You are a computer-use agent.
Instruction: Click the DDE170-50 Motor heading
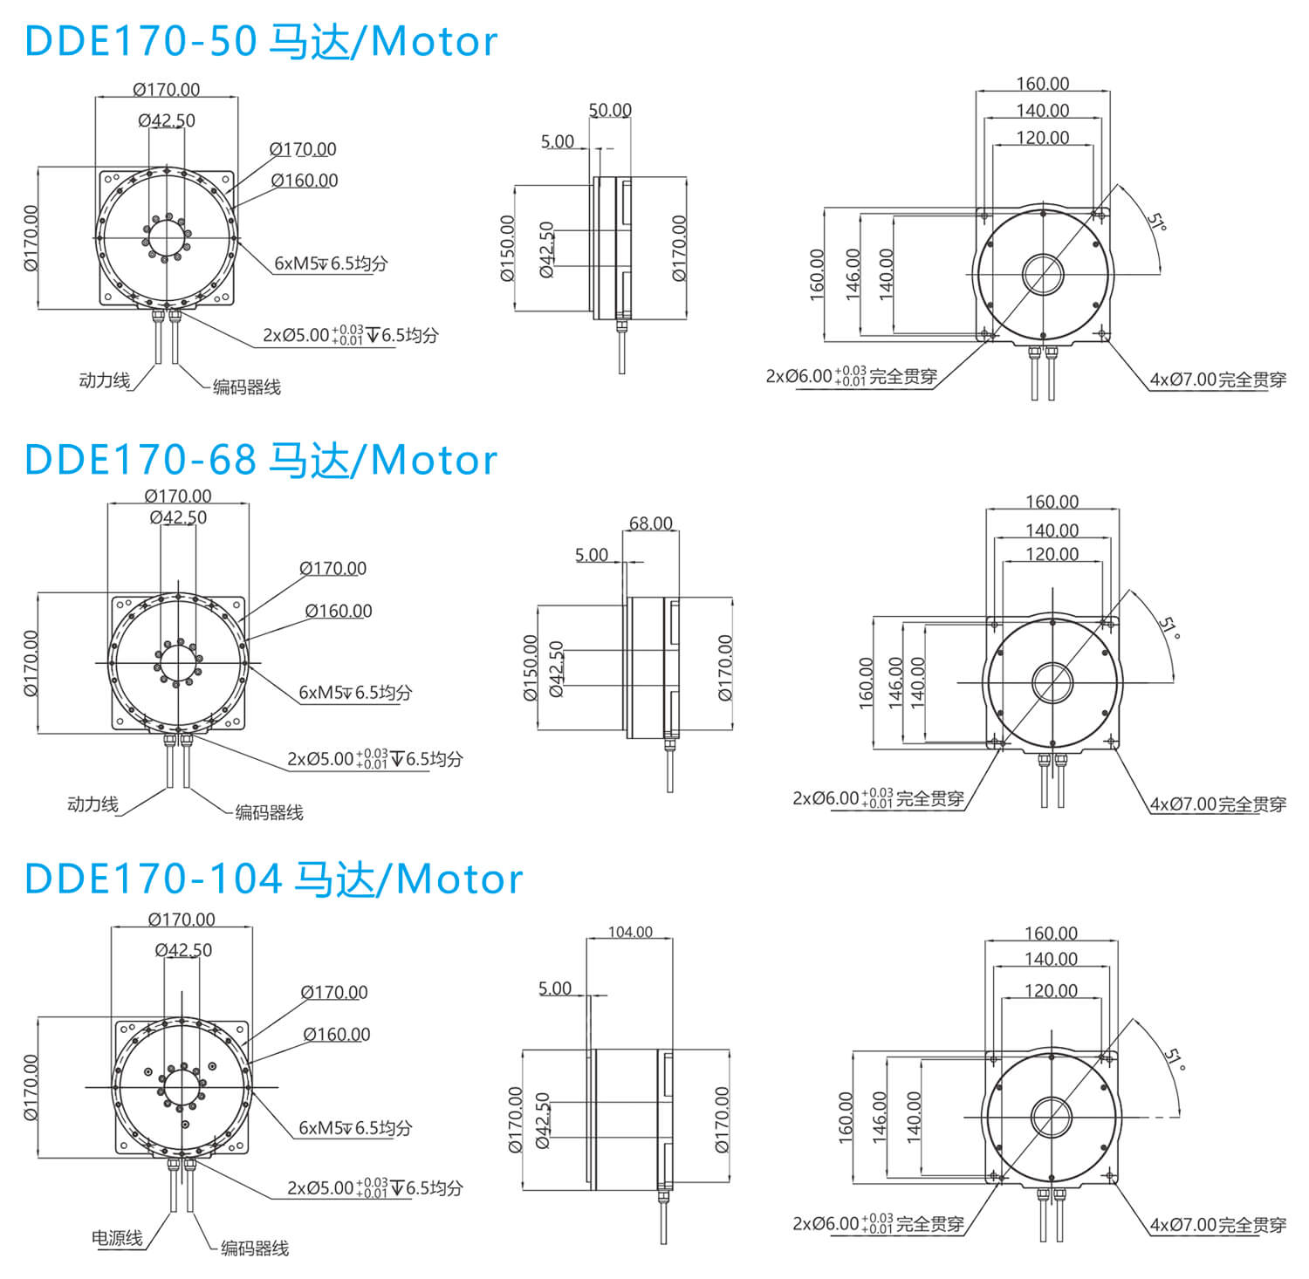[x=261, y=41]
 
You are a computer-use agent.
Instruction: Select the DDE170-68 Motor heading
[x=261, y=459]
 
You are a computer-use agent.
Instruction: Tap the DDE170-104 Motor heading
[x=273, y=878]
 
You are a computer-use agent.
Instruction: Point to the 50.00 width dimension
[x=610, y=110]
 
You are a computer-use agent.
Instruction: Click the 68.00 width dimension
[x=651, y=523]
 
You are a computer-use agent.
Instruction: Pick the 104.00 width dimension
[x=630, y=932]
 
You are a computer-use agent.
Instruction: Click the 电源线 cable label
[x=117, y=1237]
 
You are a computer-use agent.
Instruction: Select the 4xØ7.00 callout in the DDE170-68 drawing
[x=1218, y=804]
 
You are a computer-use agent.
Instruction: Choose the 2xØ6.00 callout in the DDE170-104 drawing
[x=878, y=1223]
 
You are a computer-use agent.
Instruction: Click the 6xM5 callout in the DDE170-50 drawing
[x=331, y=263]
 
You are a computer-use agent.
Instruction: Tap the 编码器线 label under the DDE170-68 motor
[x=270, y=812]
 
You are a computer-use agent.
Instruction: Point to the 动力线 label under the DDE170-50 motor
[x=104, y=380]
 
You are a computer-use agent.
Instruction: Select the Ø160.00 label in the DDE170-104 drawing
[x=337, y=1034]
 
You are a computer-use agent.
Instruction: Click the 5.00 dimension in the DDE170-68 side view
[x=592, y=555]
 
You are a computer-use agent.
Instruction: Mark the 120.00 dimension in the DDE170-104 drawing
[x=1051, y=990]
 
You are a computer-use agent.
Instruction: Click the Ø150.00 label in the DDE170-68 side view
[x=531, y=667]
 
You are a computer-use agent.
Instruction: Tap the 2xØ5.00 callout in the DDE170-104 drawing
[x=375, y=1187]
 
